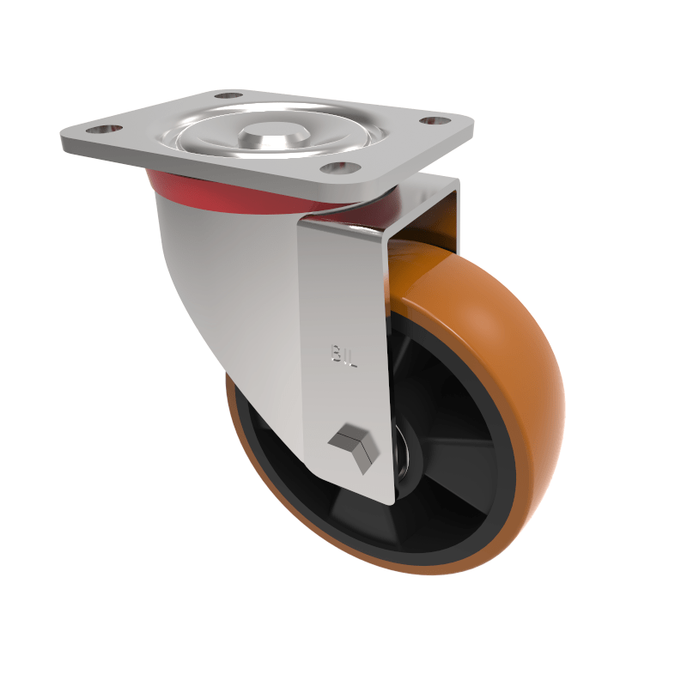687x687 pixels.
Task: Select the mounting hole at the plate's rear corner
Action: click(x=228, y=94)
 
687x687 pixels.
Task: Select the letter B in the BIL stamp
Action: click(x=336, y=354)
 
